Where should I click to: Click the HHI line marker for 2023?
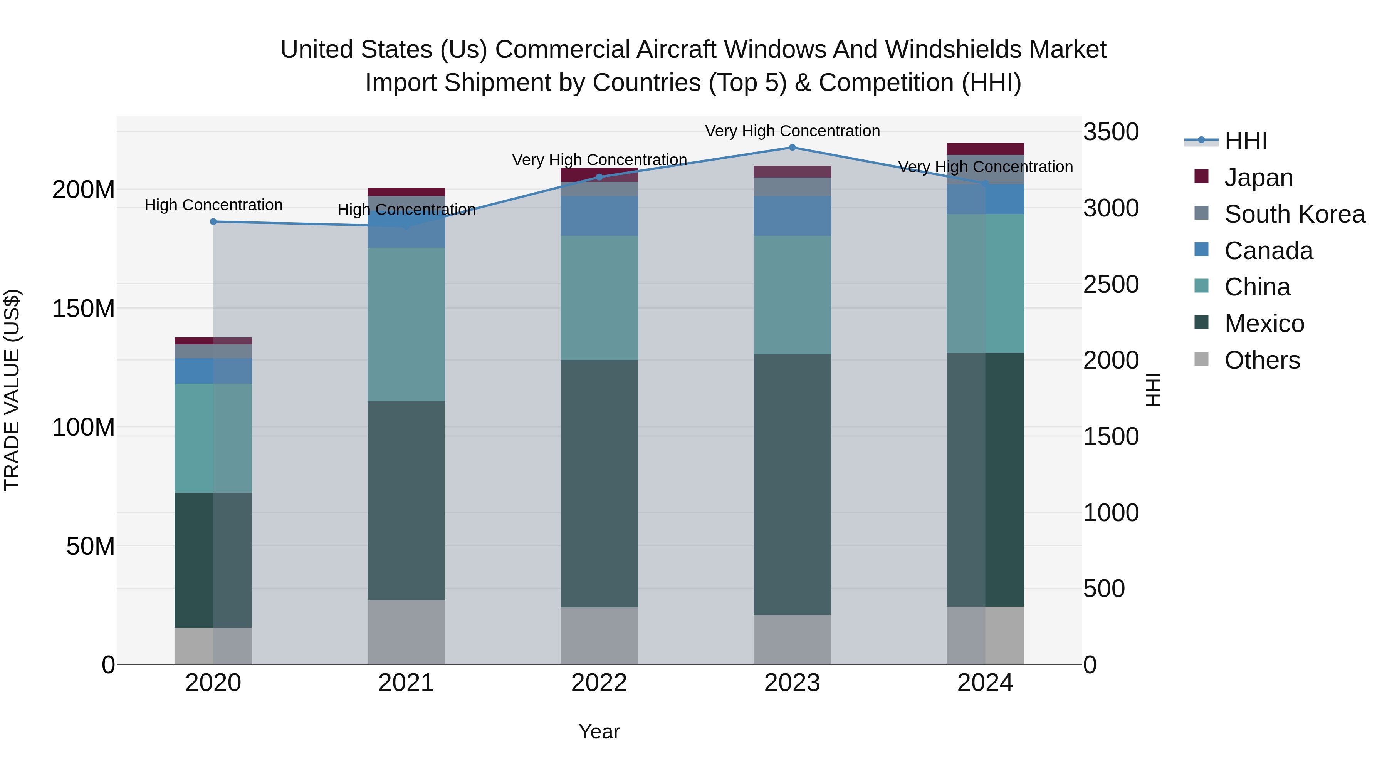pyautogui.click(x=792, y=148)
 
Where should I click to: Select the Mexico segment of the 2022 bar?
pyautogui.click(x=599, y=483)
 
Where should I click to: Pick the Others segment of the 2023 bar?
pyautogui.click(x=792, y=639)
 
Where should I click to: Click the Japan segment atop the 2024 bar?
pyautogui.click(x=985, y=149)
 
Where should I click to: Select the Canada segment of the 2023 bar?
pyautogui.click(x=792, y=216)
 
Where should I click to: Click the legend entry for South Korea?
pyautogui.click(x=1295, y=214)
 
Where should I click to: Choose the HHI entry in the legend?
pyautogui.click(x=1245, y=141)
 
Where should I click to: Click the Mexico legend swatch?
pyautogui.click(x=1201, y=323)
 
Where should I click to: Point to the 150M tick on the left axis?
pyautogui.click(x=84, y=309)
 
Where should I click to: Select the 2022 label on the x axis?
pyautogui.click(x=599, y=683)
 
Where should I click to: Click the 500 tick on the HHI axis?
pyautogui.click(x=1104, y=588)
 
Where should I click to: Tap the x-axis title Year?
pyautogui.click(x=599, y=731)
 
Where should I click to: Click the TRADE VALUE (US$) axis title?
pyautogui.click(x=12, y=390)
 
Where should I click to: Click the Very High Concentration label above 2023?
pyautogui.click(x=792, y=131)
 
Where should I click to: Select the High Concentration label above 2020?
pyautogui.click(x=213, y=205)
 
